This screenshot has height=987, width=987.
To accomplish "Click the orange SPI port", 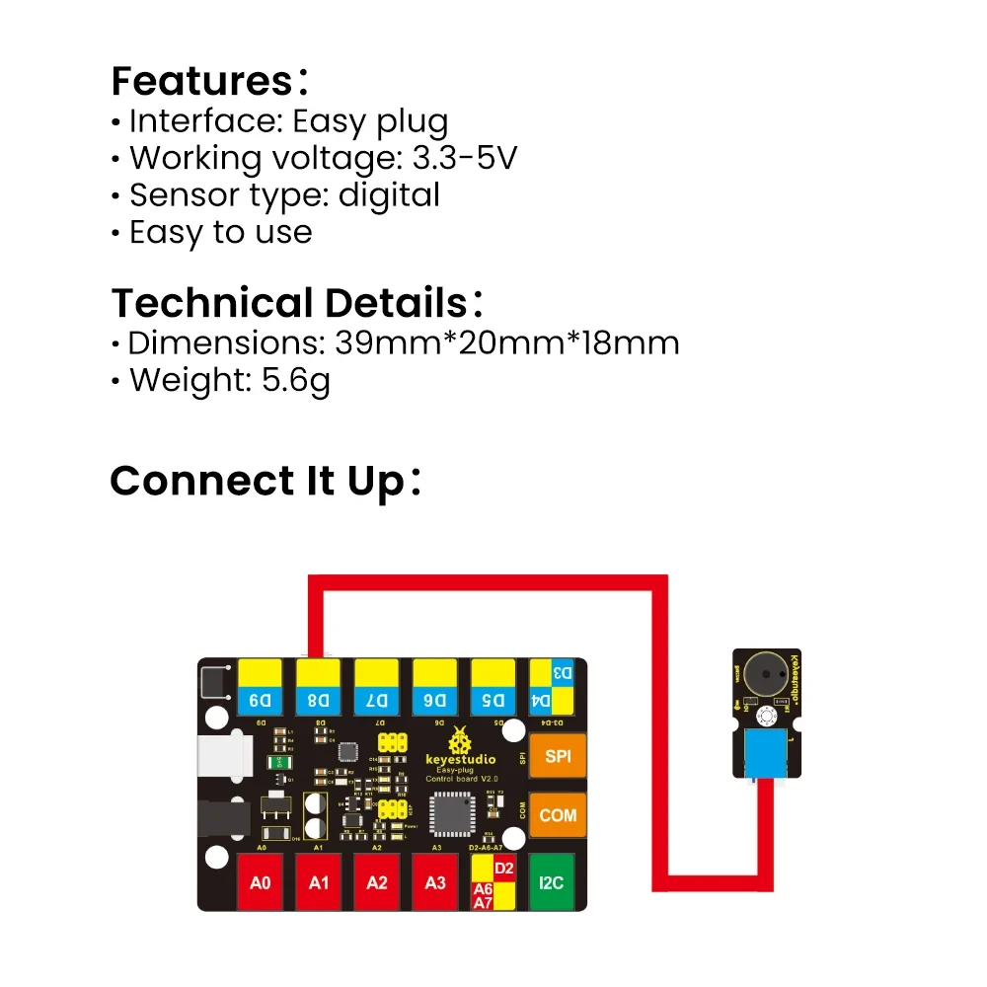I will pos(558,757).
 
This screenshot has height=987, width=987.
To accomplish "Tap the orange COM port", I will pos(558,816).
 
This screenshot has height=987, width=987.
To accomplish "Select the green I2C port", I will pos(552,881).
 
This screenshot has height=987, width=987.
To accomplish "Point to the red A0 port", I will pos(261,881).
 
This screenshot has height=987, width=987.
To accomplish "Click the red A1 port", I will pos(319,881).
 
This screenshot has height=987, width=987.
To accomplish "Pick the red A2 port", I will pos(377,881).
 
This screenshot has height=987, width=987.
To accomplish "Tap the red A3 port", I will pos(435,881).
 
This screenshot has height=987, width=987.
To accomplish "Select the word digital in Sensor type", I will pos(389,195).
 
